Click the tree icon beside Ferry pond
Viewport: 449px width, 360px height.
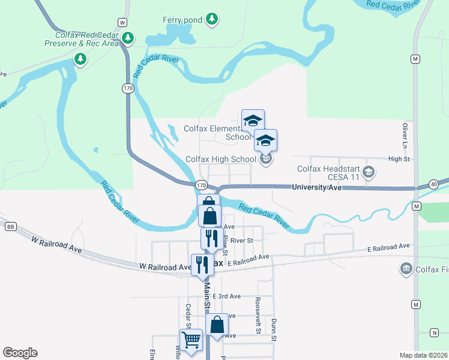(211, 20)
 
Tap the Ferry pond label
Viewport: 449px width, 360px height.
(182, 20)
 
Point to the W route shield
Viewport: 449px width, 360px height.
(122, 22)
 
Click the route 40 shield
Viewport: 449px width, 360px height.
(433, 184)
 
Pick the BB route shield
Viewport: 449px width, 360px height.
(10, 226)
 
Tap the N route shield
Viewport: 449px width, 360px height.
(434, 332)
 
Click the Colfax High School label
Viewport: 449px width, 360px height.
(220, 159)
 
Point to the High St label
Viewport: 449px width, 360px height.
(399, 159)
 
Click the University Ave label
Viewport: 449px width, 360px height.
(316, 187)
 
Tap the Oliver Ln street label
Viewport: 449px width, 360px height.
(405, 137)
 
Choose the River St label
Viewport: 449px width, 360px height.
(243, 240)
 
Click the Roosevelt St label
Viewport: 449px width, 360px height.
(258, 315)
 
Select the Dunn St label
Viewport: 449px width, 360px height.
(273, 329)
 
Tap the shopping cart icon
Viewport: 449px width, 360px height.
(191, 340)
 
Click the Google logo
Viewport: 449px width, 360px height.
(20, 353)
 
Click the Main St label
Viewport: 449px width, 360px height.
(206, 296)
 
